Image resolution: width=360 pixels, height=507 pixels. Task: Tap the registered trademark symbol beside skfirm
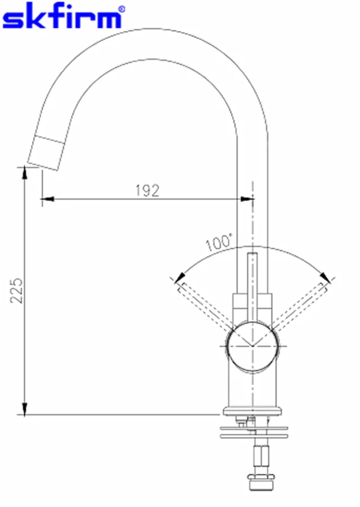click(121, 9)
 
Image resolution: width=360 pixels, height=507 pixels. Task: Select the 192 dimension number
click(147, 190)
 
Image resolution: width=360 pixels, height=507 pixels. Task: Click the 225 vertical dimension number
click(16, 290)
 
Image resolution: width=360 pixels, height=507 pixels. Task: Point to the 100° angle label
click(219, 243)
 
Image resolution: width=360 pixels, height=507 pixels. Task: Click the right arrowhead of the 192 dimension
click(246, 199)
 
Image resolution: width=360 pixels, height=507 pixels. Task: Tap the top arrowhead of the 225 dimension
click(24, 172)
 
